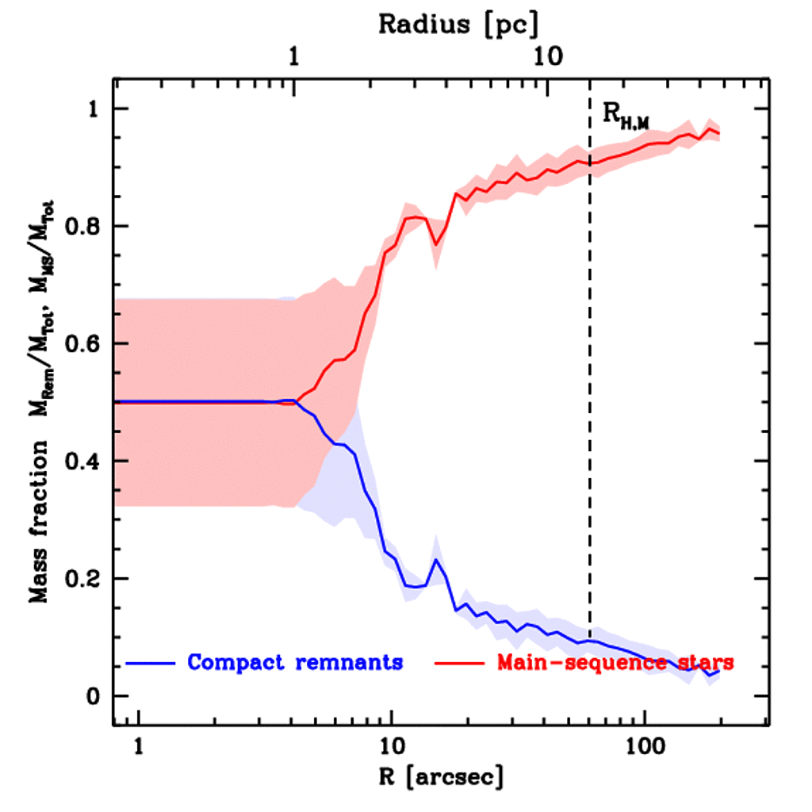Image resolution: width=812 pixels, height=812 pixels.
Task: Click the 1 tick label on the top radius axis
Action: click(295, 58)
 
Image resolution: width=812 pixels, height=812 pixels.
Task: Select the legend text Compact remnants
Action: click(295, 662)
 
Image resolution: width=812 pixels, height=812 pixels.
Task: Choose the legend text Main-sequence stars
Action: click(615, 662)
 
